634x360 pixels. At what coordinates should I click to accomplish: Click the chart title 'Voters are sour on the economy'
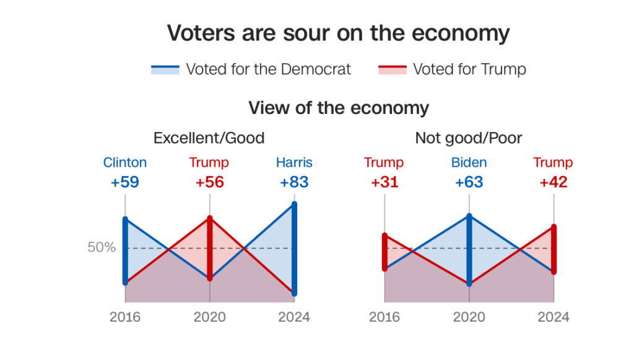[338, 33]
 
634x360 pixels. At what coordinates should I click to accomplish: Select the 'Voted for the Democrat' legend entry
[251, 69]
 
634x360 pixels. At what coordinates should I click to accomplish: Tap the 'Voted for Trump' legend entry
[452, 69]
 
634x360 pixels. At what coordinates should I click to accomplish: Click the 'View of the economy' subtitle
[338, 108]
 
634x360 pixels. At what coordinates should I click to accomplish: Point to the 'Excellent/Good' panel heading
[209, 138]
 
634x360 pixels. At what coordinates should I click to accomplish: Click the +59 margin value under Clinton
[125, 182]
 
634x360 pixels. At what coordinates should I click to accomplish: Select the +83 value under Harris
[294, 182]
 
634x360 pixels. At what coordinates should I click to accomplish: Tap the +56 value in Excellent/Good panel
[209, 182]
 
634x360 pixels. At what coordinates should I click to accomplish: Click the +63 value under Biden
[469, 182]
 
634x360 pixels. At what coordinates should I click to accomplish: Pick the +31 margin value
[384, 182]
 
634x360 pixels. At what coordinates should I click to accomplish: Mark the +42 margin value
[554, 182]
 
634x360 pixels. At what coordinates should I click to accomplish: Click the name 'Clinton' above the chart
[125, 163]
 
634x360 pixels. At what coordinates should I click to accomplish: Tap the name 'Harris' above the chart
[294, 163]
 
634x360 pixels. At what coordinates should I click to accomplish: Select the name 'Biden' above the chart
[469, 163]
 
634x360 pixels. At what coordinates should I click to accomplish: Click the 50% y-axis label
[102, 247]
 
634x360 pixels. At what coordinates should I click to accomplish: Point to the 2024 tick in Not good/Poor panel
[554, 317]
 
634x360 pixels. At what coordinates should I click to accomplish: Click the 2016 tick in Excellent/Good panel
[125, 317]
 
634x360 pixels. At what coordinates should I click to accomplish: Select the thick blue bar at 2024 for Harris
[294, 248]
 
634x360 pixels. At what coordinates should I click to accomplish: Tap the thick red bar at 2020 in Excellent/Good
[210, 248]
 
